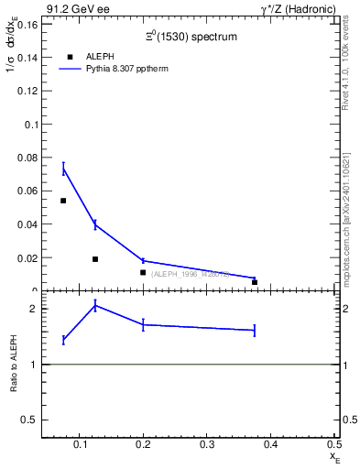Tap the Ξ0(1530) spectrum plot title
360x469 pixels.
pyautogui.click(x=189, y=38)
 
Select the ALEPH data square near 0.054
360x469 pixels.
pyautogui.click(x=63, y=201)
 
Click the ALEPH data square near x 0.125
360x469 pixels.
pyautogui.click(x=95, y=259)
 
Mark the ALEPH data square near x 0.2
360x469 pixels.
pyautogui.click(x=143, y=272)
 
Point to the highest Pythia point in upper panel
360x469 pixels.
pyautogui.click(x=63, y=169)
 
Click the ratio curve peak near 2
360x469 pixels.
pyautogui.click(x=95, y=306)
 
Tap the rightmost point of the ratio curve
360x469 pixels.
pyautogui.click(x=254, y=330)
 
